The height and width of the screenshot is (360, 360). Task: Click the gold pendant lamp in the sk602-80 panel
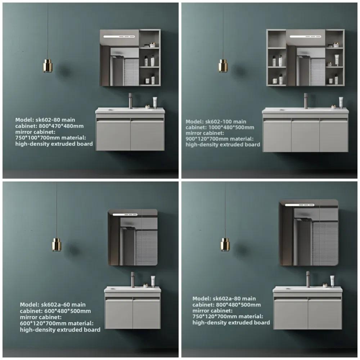pos(48,66)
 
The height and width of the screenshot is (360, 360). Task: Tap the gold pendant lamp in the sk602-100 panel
pos(223,66)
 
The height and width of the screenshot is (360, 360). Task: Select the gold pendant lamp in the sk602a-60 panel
pos(57,244)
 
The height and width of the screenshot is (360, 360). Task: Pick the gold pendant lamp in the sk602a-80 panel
pos(225,244)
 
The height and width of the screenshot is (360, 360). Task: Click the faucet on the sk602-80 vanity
pos(131,100)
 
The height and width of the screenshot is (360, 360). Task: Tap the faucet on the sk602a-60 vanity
pos(133,279)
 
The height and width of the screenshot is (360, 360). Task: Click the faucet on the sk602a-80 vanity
pos(308,279)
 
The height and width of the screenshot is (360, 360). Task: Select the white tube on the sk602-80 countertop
pos(155,102)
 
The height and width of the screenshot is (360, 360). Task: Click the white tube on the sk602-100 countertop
pos(341,102)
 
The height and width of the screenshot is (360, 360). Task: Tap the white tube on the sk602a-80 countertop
pos(332,281)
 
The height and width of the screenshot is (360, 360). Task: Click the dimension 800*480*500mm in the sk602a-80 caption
pos(239,305)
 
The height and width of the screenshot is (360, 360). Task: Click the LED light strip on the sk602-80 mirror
pos(119,37)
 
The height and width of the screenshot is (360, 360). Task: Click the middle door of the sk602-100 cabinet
pos(305,136)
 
